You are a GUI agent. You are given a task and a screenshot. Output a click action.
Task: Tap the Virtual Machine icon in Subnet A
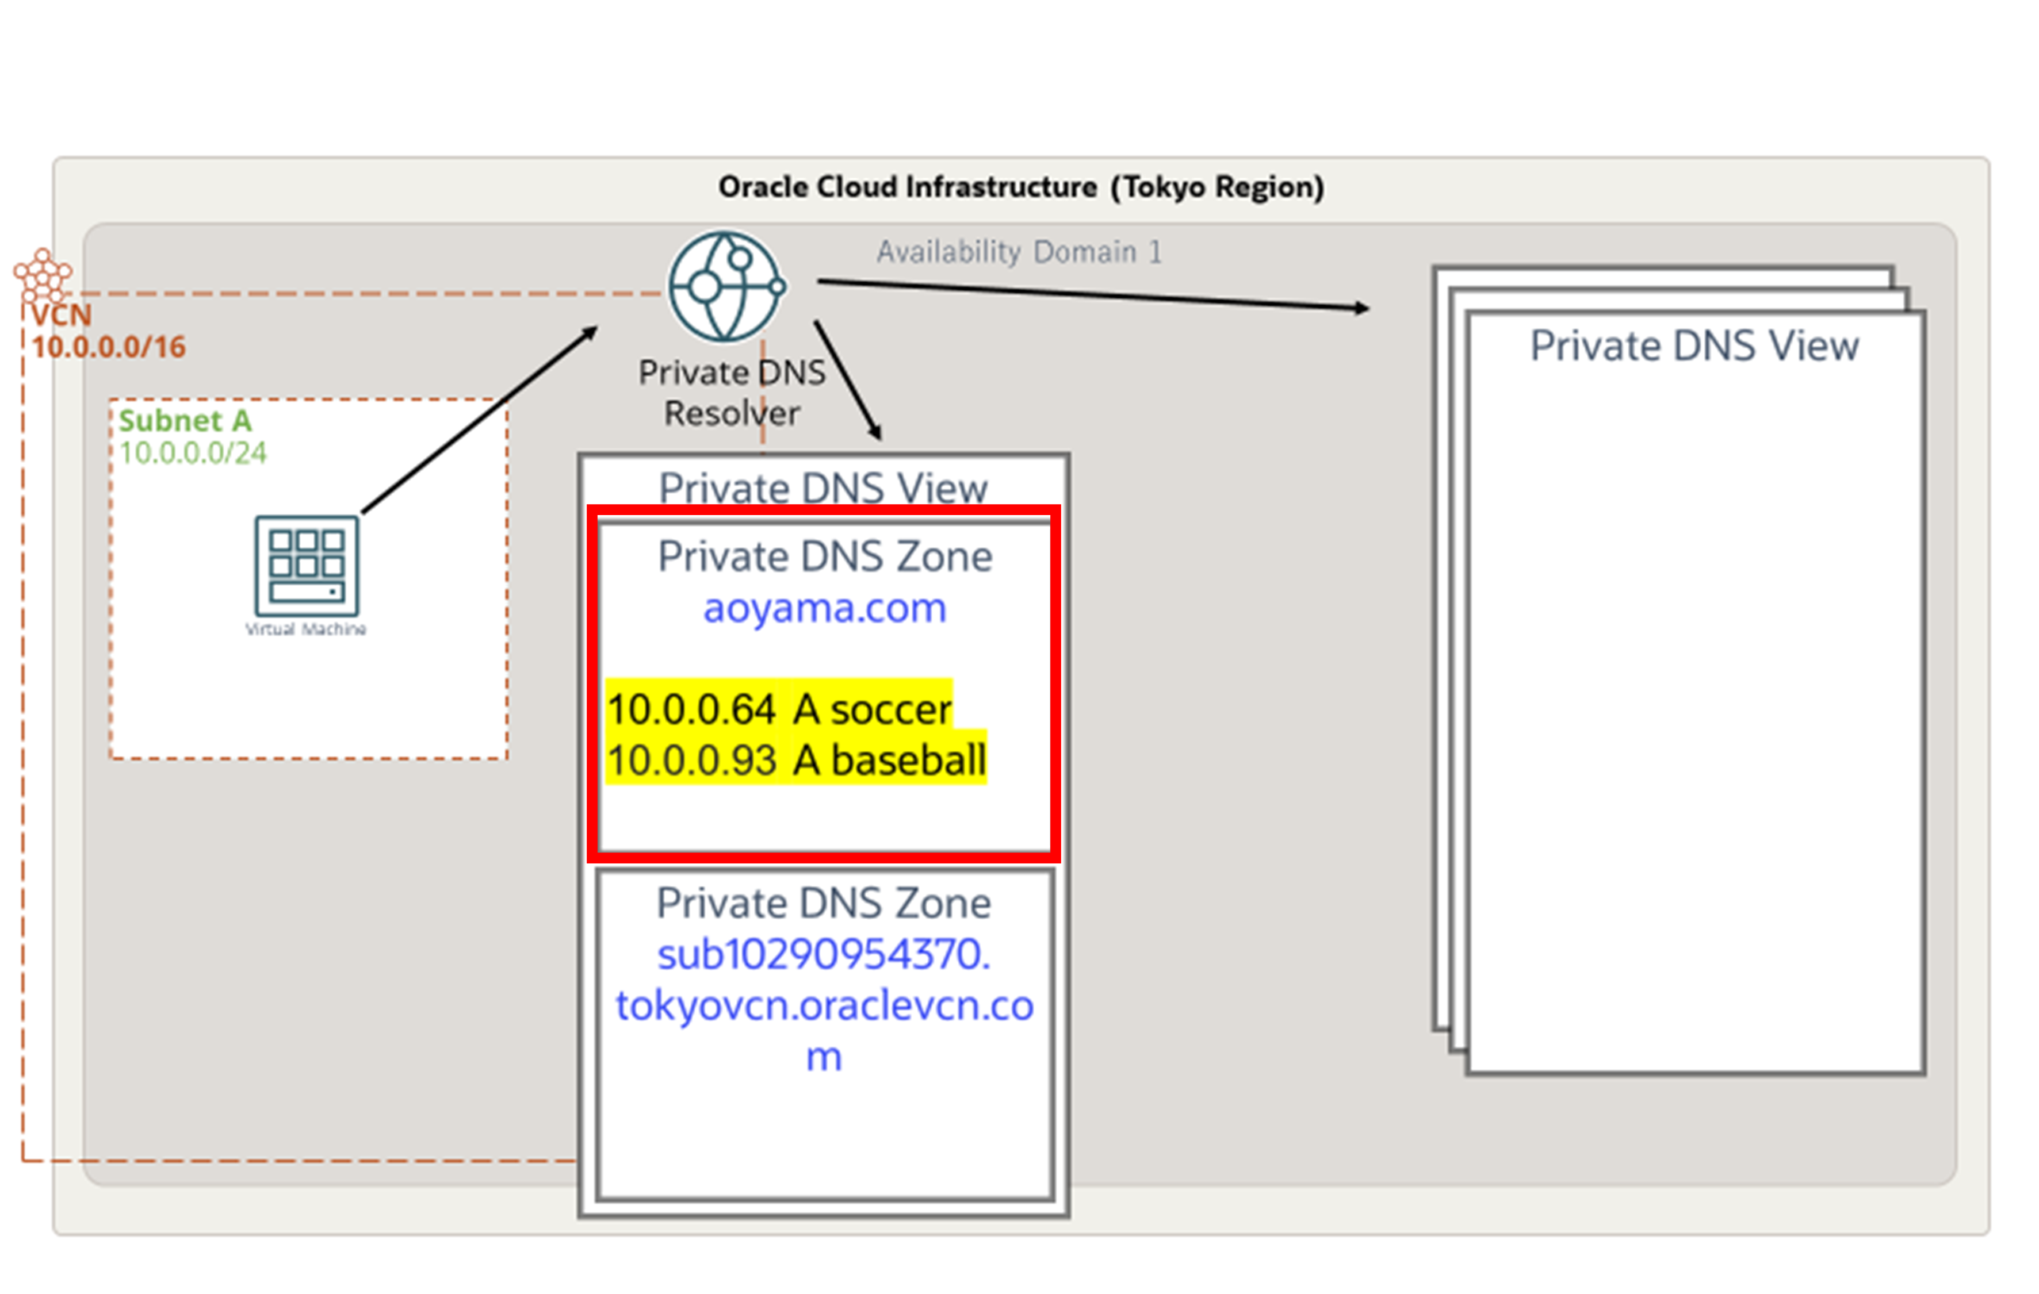(x=307, y=565)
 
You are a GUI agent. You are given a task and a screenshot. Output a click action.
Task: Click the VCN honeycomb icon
(x=43, y=274)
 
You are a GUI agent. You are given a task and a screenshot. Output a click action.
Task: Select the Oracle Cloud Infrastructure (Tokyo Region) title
(x=1020, y=187)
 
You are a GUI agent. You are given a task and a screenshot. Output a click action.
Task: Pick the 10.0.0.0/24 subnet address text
(x=192, y=454)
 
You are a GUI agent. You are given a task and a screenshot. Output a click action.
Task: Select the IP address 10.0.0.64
(x=691, y=709)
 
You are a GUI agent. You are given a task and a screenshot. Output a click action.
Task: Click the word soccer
(x=891, y=709)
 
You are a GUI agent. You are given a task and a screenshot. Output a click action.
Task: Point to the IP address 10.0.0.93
(x=691, y=760)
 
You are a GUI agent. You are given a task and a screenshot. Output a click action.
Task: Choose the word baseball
(x=909, y=760)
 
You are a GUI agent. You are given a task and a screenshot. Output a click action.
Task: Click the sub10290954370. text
(x=823, y=955)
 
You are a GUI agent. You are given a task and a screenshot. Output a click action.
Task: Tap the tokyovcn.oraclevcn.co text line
(x=824, y=1005)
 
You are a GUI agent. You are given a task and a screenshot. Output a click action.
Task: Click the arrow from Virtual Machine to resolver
(x=479, y=420)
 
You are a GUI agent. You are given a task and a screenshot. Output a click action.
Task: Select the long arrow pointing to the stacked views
(x=1092, y=294)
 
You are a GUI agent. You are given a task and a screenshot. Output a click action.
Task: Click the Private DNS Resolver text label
(x=732, y=393)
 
